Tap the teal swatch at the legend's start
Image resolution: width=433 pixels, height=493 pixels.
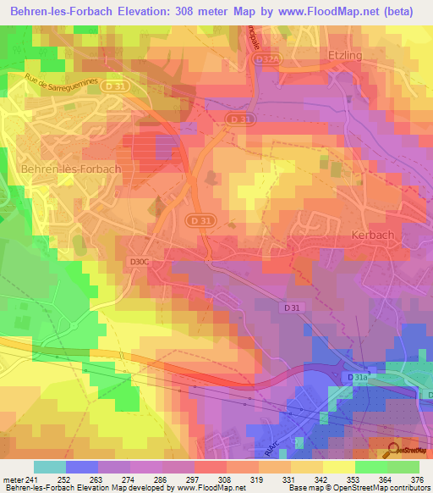[50, 467]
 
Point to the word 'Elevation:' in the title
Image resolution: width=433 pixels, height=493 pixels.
[141, 11]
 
